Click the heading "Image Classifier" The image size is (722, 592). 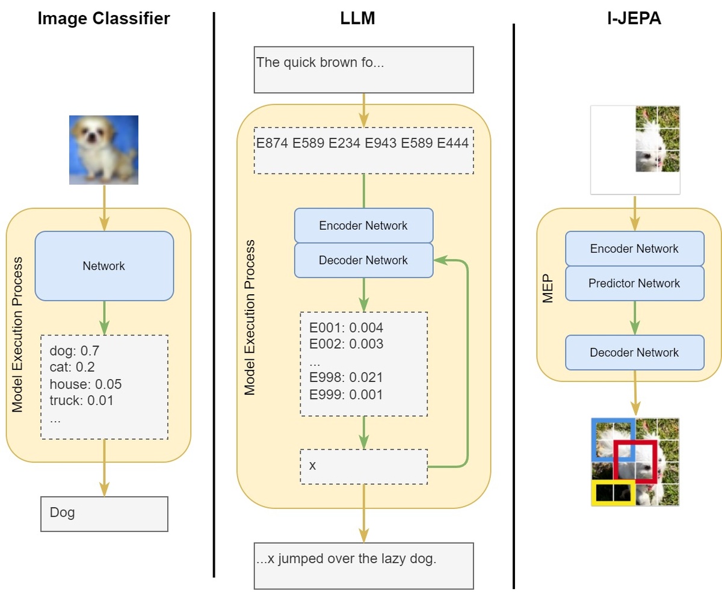click(x=103, y=18)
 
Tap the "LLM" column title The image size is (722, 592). click(x=357, y=18)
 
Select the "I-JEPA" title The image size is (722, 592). click(x=634, y=18)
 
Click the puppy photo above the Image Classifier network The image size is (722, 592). click(x=103, y=150)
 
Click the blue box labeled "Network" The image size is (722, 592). click(x=104, y=266)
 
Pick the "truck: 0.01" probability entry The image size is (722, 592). click(x=82, y=400)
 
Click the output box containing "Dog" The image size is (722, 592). click(x=104, y=513)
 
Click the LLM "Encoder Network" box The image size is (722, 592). click(x=363, y=226)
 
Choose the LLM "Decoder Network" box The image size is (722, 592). click(x=363, y=260)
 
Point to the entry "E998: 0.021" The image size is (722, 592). click(x=346, y=378)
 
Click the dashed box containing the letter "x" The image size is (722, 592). click(x=363, y=466)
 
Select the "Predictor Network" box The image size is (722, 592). click(x=634, y=283)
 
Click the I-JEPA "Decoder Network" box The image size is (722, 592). click(x=634, y=353)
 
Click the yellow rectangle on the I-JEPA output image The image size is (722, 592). click(x=613, y=493)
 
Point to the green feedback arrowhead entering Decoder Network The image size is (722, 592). click(x=439, y=260)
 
